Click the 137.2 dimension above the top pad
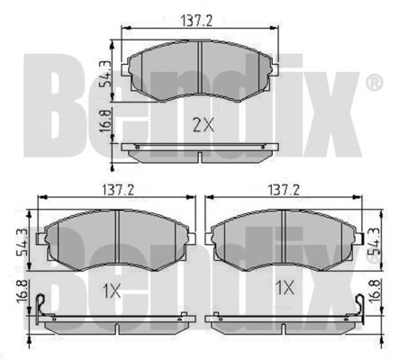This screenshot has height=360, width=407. [x=196, y=21]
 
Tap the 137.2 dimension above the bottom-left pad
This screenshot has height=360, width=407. [x=118, y=190]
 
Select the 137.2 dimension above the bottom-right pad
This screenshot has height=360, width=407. [x=284, y=190]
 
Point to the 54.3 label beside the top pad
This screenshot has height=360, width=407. [x=105, y=74]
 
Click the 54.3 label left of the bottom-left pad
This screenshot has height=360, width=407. [x=23, y=241]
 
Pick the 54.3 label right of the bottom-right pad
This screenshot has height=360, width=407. [x=375, y=241]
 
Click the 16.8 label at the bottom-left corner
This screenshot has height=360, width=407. [x=23, y=292]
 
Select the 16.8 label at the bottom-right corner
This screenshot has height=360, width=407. [x=375, y=292]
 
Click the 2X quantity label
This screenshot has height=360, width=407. [x=203, y=125]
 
